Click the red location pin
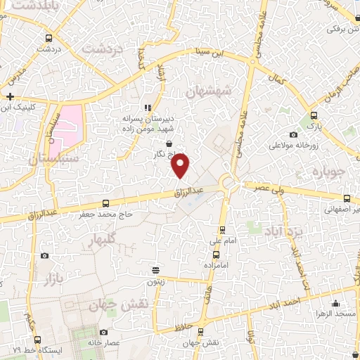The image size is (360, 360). [181, 165]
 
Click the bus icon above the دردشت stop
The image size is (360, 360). [49, 38]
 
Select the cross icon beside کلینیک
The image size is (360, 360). [10, 96]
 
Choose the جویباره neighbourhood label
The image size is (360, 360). [326, 172]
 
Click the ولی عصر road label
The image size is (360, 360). [264, 186]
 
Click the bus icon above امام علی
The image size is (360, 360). [223, 229]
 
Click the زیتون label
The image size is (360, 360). [155, 281]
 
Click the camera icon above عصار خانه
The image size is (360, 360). [105, 332]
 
